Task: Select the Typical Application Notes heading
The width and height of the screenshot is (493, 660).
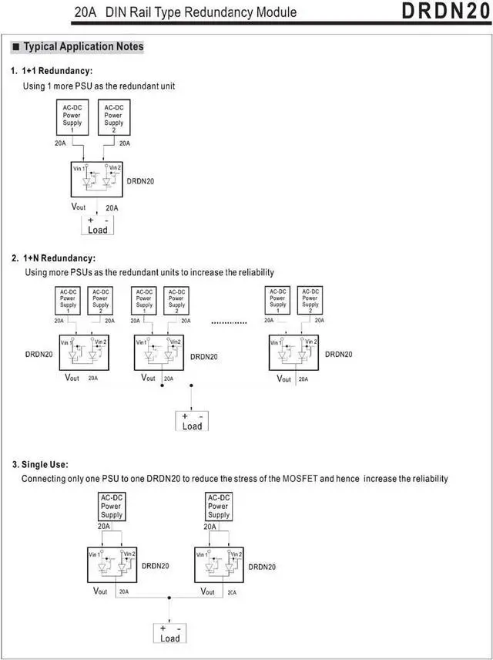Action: pyautogui.click(x=83, y=47)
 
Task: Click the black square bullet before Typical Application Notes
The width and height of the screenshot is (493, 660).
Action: pyautogui.click(x=15, y=47)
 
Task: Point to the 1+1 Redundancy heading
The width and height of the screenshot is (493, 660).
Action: pyautogui.click(x=57, y=71)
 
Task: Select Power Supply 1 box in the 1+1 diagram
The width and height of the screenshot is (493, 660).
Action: pyautogui.click(x=72, y=118)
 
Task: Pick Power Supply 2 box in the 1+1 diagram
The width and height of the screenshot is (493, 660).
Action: pyautogui.click(x=113, y=118)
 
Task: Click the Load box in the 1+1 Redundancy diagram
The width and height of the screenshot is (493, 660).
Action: pyautogui.click(x=98, y=226)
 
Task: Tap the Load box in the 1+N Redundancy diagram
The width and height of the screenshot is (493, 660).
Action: pyautogui.click(x=192, y=421)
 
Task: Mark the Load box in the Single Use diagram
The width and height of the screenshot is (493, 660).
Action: pyautogui.click(x=169, y=633)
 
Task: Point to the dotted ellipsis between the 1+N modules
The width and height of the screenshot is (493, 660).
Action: pyautogui.click(x=229, y=322)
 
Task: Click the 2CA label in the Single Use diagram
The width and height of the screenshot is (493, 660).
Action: pyautogui.click(x=233, y=592)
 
